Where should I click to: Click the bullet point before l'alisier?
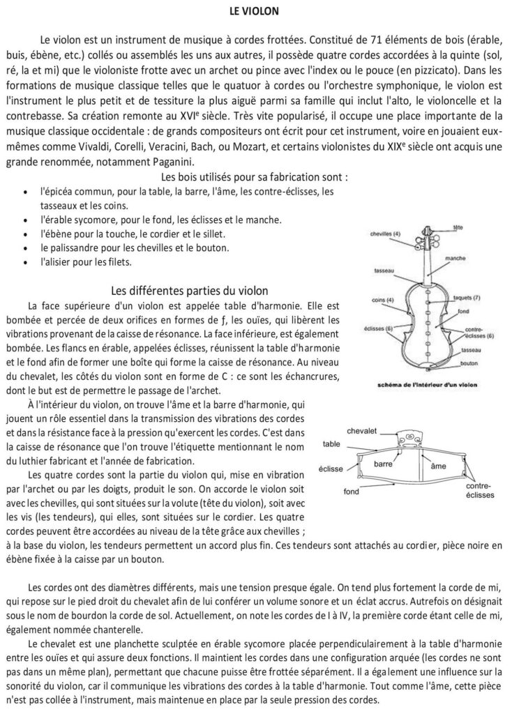click(x=26, y=263)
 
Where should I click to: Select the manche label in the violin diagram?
click(x=454, y=258)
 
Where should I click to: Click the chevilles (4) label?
click(x=386, y=234)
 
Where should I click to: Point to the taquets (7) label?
click(x=466, y=298)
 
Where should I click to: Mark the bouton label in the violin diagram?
click(x=469, y=363)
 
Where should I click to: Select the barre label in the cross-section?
click(x=384, y=463)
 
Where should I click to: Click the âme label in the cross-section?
click(x=439, y=466)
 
